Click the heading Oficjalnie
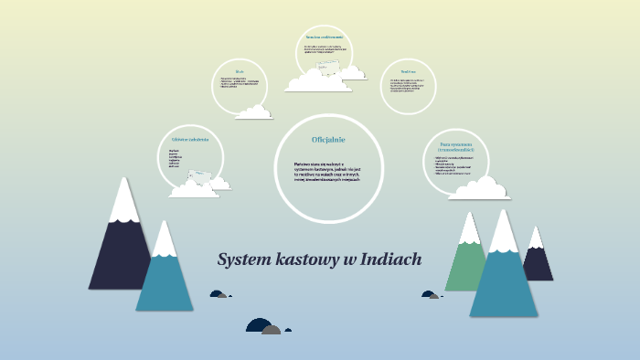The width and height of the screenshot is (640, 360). tap(328, 139)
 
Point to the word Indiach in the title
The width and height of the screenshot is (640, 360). tap(391, 259)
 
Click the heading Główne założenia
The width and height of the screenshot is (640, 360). tap(190, 139)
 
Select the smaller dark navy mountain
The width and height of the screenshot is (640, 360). tap(538, 260)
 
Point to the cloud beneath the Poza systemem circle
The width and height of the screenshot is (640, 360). tap(480, 189)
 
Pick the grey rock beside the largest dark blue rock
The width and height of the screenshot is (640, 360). tap(272, 329)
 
